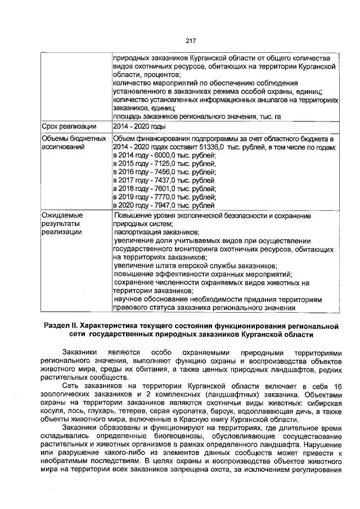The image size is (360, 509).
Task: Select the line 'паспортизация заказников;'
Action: pyautogui.click(x=156, y=231)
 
